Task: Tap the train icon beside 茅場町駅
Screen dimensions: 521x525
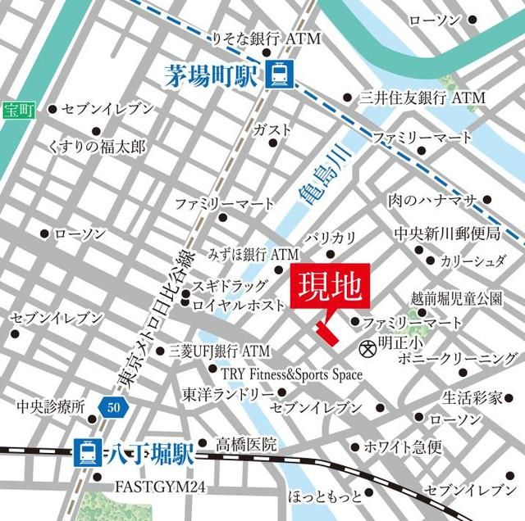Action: tap(276, 77)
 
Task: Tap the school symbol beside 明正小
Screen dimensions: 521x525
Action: tap(367, 347)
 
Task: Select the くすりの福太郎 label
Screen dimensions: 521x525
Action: tap(97, 147)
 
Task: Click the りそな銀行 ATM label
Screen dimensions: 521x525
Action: tap(266, 39)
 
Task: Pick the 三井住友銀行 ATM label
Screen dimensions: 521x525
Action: tap(422, 97)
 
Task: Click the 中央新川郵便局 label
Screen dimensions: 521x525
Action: tap(446, 234)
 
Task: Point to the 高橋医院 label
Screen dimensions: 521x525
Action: tap(245, 445)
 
